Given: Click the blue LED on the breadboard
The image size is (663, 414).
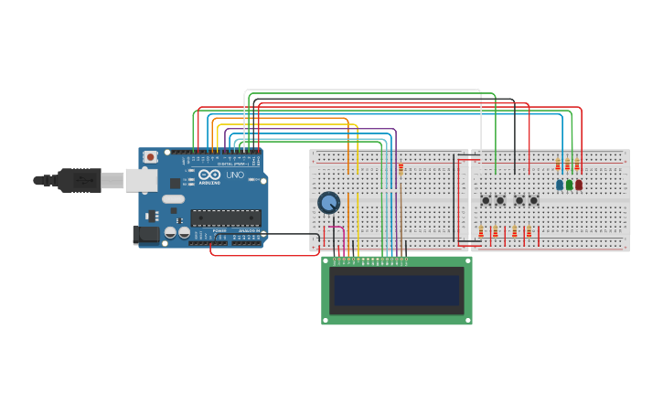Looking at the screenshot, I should [559, 185].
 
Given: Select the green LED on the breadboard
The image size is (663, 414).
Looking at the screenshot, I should [569, 185].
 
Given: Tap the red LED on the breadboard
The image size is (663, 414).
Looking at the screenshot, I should [579, 185].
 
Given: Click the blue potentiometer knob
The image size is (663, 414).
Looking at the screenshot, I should [328, 202].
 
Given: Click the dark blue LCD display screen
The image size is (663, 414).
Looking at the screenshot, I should [397, 291].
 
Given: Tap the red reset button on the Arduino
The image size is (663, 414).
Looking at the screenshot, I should [151, 157].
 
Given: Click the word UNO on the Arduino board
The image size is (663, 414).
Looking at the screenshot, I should [234, 175].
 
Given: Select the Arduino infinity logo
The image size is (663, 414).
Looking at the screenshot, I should [209, 175].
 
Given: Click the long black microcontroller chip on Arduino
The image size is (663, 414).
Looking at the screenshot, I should [225, 218].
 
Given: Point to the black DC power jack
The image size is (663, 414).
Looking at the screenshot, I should [145, 235].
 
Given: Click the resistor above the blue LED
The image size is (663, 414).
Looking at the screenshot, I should [558, 165].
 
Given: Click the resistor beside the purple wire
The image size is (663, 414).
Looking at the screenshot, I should [401, 168].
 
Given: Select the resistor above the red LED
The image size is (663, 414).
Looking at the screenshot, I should [577, 165].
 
